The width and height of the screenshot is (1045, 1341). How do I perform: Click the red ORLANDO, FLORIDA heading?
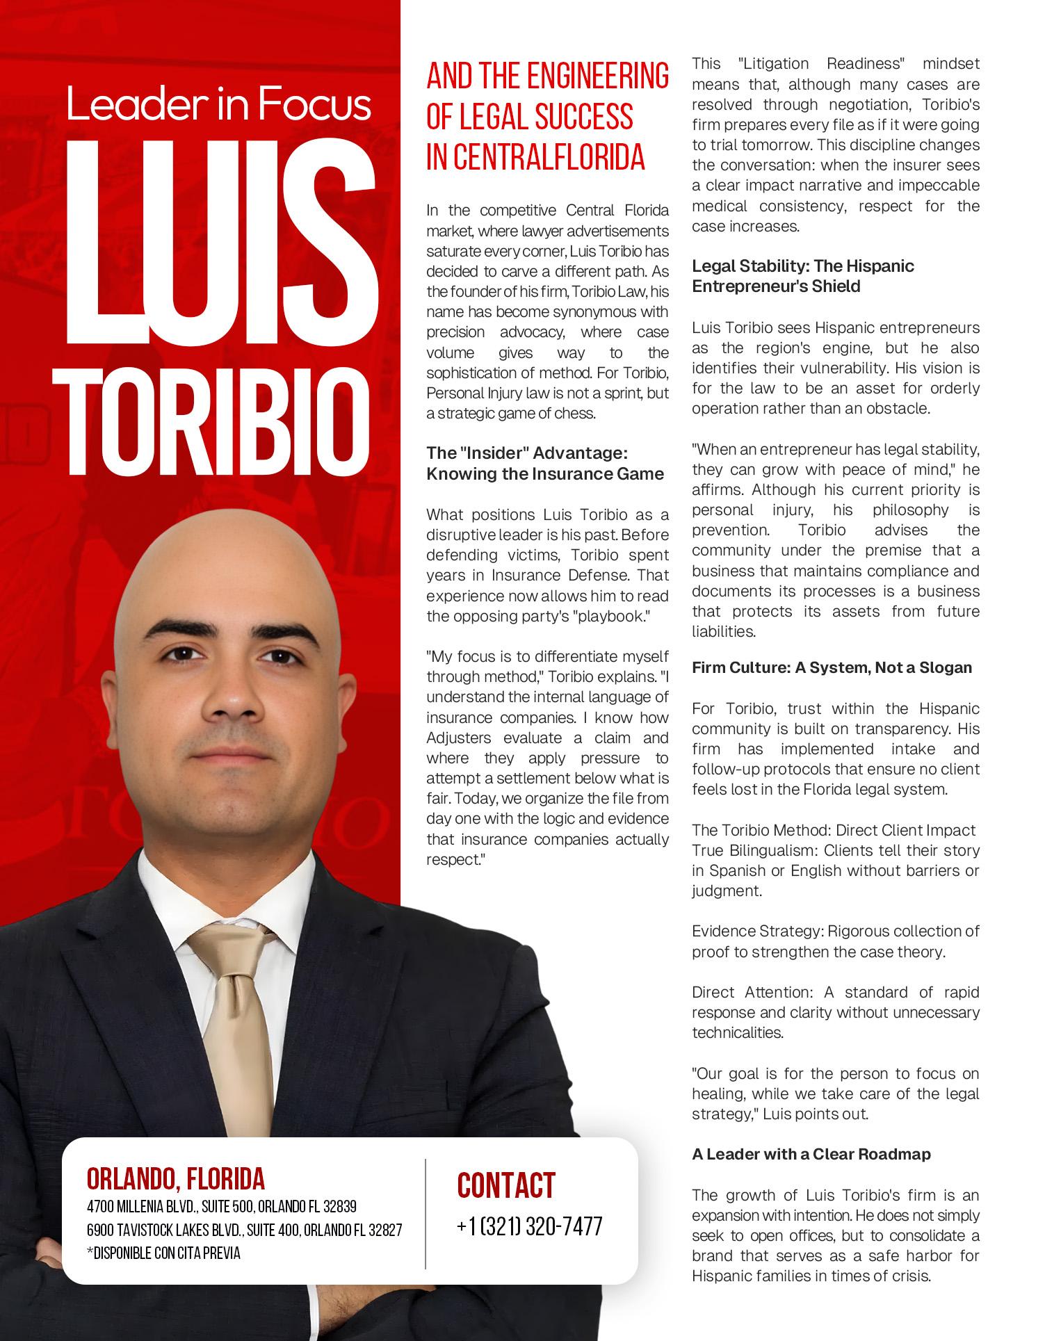pos(176,1179)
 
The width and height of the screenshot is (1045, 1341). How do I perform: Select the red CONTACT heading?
pos(506,1185)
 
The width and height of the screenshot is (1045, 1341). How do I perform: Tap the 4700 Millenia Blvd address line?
pos(221,1206)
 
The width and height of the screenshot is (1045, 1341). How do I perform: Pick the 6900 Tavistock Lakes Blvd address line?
pos(244,1230)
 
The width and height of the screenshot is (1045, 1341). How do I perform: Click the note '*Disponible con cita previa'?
pos(163,1253)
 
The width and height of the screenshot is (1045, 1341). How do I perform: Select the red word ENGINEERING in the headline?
pos(598,77)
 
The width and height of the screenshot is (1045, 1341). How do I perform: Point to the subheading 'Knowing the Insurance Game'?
pos(544,474)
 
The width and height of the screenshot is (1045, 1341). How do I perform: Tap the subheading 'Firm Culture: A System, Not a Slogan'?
pos(832,668)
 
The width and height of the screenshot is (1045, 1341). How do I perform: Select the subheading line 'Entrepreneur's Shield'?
pos(776,286)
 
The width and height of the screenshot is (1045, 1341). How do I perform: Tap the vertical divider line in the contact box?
pos(426,1214)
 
